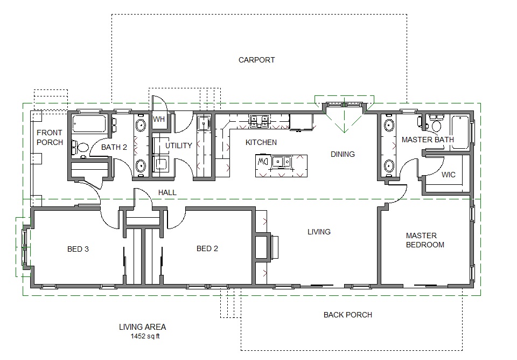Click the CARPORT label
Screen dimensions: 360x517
click(x=257, y=60)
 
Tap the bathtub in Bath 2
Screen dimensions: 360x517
click(x=89, y=124)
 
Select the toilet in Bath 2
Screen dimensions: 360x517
click(x=81, y=147)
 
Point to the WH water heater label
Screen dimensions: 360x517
click(x=159, y=119)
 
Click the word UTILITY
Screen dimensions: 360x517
click(x=179, y=146)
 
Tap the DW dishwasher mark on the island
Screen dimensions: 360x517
click(x=264, y=161)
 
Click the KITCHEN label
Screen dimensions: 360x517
click(x=261, y=142)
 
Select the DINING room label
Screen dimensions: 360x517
click(x=343, y=154)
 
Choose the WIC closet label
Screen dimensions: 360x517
click(x=449, y=175)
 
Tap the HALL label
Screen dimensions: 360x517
click(x=167, y=192)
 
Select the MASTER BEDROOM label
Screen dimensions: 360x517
click(x=425, y=240)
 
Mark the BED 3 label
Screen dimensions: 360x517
click(x=78, y=248)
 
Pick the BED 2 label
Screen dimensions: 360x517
click(x=207, y=248)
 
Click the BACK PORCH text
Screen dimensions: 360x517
click(x=347, y=315)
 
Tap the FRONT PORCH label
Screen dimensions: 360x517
click(x=50, y=137)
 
